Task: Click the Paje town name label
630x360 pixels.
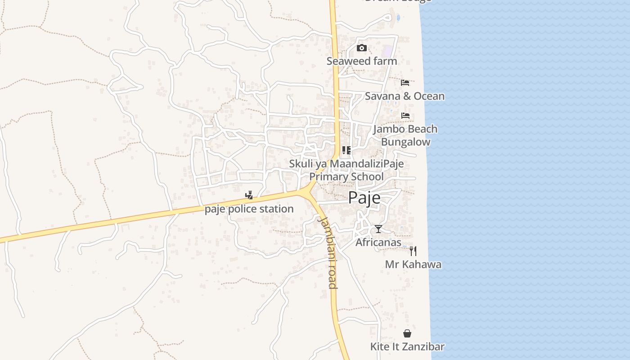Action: pos(364,198)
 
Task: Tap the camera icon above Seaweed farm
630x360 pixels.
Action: pos(362,48)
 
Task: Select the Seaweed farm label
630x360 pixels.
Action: pos(362,61)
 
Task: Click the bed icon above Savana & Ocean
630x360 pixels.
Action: pos(405,83)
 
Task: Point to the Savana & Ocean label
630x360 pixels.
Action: pos(405,96)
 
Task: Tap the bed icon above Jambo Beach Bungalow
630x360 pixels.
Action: pos(405,116)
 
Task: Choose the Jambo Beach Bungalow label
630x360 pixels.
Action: pos(405,135)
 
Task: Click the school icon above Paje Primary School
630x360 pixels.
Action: pos(346,150)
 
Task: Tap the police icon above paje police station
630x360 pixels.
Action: pos(249,195)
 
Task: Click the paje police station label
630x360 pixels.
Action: pos(249,209)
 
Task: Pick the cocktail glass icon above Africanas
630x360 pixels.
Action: pos(378,229)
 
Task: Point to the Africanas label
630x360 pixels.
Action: pos(378,243)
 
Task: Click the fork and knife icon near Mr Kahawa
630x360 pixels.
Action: pos(413,251)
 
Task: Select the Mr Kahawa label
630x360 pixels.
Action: pos(413,265)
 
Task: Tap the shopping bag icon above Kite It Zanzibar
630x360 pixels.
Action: pos(407,333)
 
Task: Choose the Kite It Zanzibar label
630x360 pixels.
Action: pos(407,347)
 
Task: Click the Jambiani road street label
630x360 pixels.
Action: pos(328,252)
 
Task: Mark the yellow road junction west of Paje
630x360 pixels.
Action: pos(307,193)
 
